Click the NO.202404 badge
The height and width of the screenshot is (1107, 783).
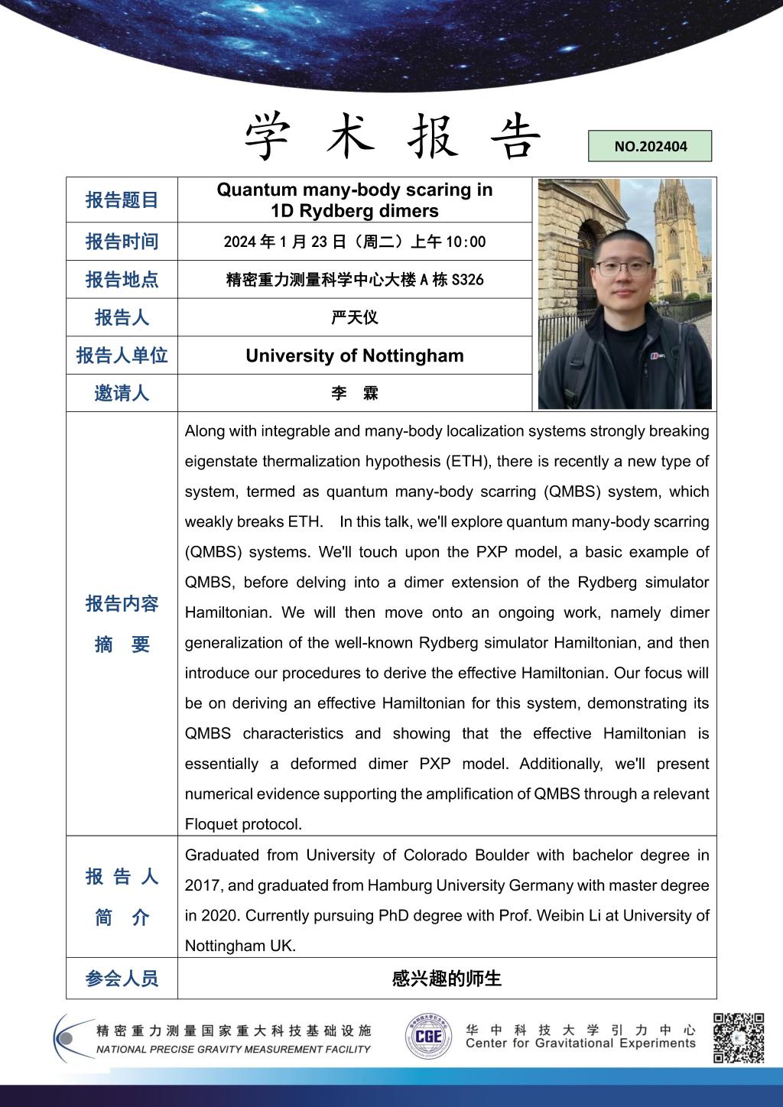(x=650, y=146)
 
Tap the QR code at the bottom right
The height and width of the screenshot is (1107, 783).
(x=739, y=1037)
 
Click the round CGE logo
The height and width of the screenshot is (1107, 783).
(x=428, y=1037)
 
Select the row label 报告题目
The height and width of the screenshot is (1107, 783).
(x=122, y=200)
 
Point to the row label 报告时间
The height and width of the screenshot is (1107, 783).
(x=122, y=242)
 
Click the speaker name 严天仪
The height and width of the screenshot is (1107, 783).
(x=355, y=317)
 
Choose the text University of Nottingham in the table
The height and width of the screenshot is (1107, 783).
(x=355, y=355)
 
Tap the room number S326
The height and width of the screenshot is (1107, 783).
(x=467, y=280)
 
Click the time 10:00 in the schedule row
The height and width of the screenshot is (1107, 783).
(x=468, y=242)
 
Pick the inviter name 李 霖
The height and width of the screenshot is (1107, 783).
(x=355, y=394)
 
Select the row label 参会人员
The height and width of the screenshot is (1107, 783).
(x=122, y=979)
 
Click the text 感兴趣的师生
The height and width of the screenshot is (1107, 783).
(x=447, y=979)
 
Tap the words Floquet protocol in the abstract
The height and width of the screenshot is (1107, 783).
(x=244, y=824)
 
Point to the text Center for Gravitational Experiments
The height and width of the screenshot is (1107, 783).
(x=580, y=1044)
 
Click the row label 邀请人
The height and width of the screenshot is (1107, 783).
(x=122, y=394)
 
